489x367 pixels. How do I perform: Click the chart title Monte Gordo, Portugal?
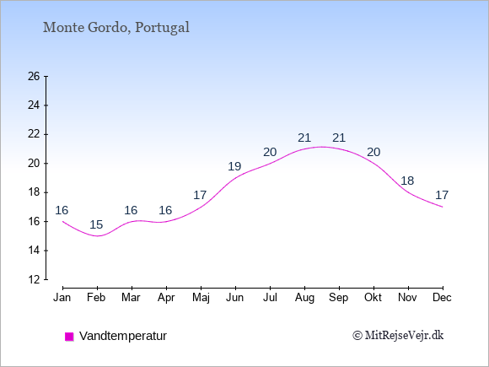(116, 28)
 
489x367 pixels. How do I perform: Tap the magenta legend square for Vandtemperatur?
(69, 337)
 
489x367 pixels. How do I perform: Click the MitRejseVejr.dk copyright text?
(398, 336)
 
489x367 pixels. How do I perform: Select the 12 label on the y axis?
(34, 279)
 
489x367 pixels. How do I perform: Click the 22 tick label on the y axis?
(34, 134)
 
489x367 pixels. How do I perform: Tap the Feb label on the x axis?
(96, 298)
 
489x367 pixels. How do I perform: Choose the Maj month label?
(201, 298)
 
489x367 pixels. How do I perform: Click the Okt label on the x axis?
(373, 298)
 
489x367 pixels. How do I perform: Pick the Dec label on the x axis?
(443, 298)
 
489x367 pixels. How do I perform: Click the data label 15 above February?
(96, 224)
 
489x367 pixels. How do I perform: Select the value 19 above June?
(234, 167)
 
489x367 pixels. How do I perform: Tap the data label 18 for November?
(407, 181)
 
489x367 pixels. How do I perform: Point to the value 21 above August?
(304, 138)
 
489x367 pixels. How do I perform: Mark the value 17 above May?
(200, 196)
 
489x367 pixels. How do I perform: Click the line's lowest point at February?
(97, 236)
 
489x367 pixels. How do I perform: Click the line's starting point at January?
(62, 221)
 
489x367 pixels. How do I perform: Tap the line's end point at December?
(443, 207)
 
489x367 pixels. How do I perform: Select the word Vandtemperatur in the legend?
(123, 336)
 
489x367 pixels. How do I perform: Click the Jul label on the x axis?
(270, 298)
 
